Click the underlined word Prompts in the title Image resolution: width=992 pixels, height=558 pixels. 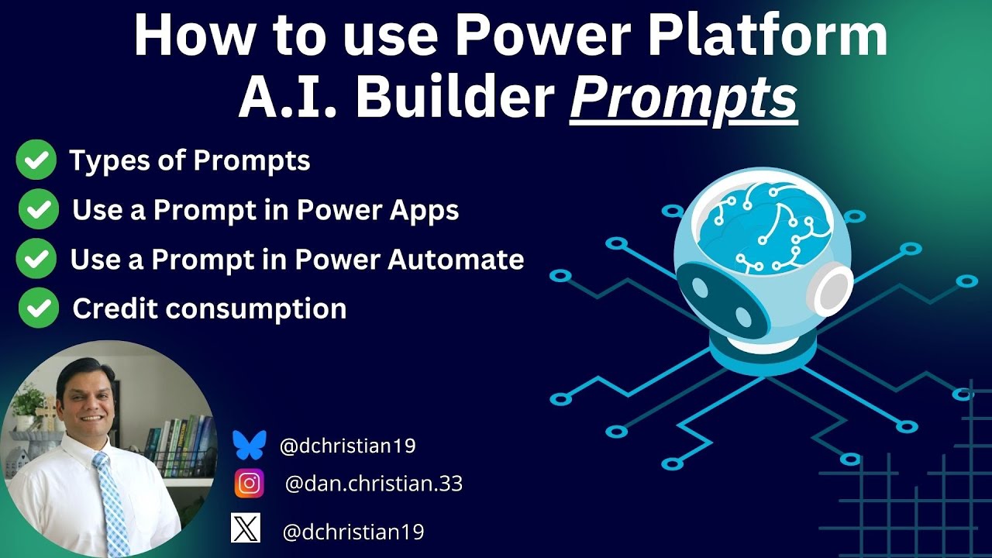coord(684,99)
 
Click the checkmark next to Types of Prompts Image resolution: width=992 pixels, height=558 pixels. coord(36,160)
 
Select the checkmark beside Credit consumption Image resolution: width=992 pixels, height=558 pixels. coord(38,308)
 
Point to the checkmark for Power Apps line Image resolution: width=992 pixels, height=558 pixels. coord(38,210)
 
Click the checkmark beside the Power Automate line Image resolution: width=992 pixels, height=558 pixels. coord(36,259)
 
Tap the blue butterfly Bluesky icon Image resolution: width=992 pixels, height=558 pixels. coord(249,446)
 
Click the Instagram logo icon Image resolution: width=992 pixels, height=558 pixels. coord(249,484)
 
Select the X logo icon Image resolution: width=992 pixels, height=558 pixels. coord(245,529)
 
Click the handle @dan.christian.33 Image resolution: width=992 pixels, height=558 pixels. coord(374,484)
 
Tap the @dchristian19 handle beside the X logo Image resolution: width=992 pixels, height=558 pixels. coord(353,532)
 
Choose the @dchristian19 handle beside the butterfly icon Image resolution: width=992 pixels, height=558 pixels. coord(348,446)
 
